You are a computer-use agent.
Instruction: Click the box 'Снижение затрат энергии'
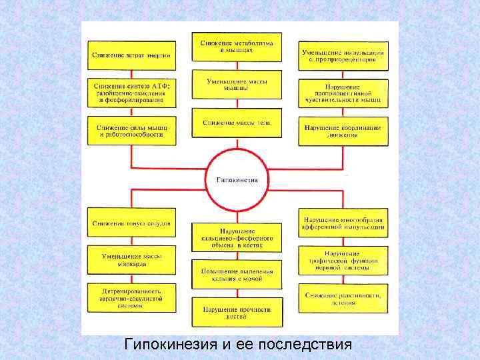131,55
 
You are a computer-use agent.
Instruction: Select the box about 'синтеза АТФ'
131,94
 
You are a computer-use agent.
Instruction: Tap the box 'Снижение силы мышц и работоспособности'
131,130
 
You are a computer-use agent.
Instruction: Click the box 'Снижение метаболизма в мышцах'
237,47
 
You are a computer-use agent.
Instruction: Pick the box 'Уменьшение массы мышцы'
237,85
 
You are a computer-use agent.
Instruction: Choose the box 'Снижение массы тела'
237,123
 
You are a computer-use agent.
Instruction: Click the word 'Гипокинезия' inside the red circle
242,179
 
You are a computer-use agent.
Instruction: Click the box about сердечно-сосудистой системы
131,297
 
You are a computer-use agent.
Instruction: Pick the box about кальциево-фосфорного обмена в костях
237,237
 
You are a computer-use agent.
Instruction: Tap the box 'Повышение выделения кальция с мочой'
237,274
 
